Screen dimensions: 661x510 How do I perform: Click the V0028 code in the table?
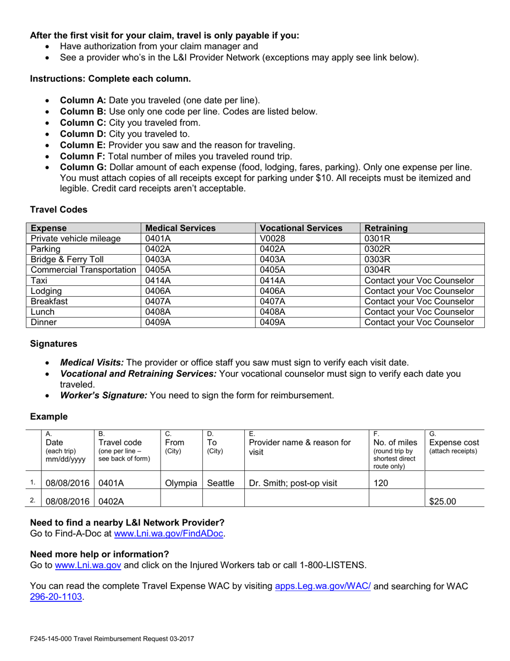click(x=270, y=239)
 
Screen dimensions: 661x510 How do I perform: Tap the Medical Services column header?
click(x=180, y=228)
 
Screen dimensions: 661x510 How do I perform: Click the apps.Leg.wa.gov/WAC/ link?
click(x=323, y=586)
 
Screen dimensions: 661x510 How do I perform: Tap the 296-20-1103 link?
click(x=56, y=597)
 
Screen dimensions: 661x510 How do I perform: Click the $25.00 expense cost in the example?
click(x=442, y=501)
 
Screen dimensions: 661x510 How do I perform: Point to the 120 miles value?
click(x=380, y=483)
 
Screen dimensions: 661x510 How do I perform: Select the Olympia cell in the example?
click(x=181, y=483)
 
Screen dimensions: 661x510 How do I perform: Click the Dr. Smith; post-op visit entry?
click(x=293, y=483)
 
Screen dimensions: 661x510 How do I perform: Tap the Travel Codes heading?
click(x=59, y=209)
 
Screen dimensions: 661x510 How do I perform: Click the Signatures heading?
click(x=53, y=343)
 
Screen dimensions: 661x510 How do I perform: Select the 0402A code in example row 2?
click(x=111, y=501)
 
